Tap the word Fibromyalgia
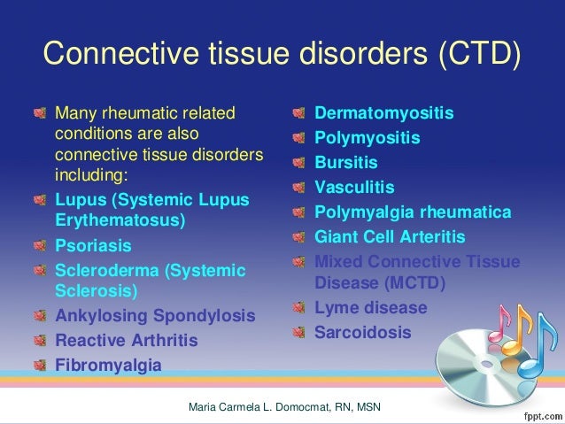point(108,365)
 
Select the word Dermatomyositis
point(384,114)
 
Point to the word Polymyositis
point(368,139)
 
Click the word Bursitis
point(346,164)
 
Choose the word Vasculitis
point(355,189)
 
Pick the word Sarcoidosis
point(363,333)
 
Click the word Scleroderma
point(107,268)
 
